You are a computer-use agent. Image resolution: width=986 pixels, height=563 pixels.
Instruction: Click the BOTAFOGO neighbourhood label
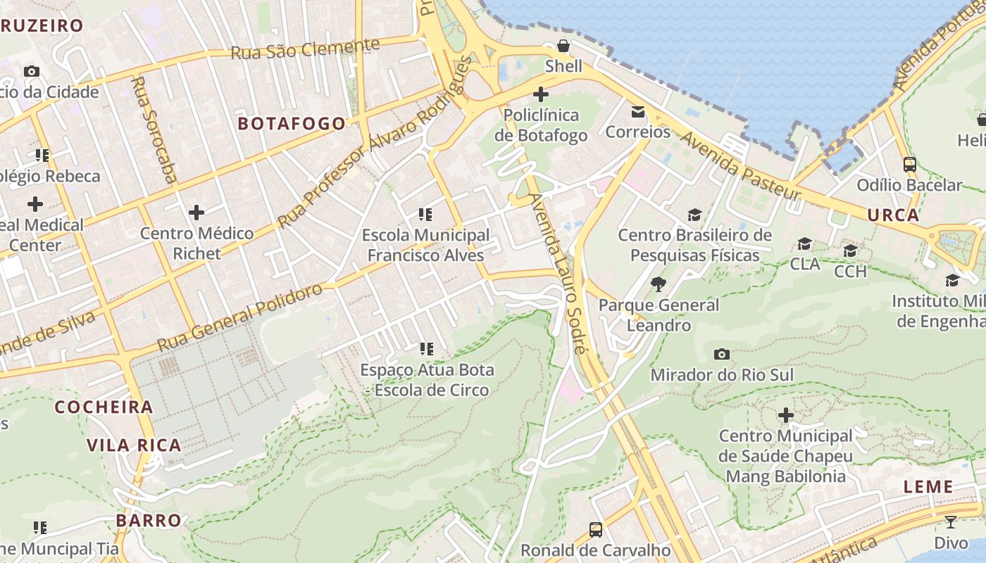tap(292, 124)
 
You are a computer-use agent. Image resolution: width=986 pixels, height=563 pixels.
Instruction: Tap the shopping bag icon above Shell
tap(563, 46)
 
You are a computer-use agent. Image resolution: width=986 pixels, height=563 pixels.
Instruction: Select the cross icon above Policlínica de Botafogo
tap(541, 94)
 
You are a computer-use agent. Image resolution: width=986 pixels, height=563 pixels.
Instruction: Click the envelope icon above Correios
tap(638, 112)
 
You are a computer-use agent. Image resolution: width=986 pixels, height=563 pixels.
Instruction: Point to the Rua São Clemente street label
tap(305, 49)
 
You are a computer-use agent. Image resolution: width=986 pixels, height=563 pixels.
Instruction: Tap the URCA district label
tap(893, 215)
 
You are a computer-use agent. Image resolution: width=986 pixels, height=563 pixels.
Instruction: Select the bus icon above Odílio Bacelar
tap(910, 165)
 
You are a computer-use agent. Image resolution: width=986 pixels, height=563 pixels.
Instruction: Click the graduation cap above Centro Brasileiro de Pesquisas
tap(695, 215)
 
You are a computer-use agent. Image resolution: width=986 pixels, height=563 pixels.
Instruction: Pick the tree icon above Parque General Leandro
tap(659, 284)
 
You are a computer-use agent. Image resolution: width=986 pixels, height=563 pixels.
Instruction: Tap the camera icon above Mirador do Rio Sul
tap(721, 354)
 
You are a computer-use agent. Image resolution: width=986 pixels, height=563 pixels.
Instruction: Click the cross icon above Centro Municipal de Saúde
tap(785, 415)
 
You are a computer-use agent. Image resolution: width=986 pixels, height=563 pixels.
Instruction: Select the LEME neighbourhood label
tap(928, 487)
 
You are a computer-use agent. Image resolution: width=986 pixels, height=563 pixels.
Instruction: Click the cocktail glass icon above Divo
tap(951, 522)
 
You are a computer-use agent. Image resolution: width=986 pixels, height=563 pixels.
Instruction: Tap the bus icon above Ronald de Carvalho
tap(596, 529)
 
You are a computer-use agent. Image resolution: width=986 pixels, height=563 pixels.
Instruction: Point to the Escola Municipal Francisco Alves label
tap(425, 245)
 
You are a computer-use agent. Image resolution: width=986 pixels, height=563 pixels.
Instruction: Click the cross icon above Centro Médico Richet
tap(196, 212)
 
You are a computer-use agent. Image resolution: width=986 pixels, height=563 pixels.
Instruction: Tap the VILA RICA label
tap(134, 445)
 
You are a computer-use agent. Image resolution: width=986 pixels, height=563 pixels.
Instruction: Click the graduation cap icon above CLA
tap(804, 243)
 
